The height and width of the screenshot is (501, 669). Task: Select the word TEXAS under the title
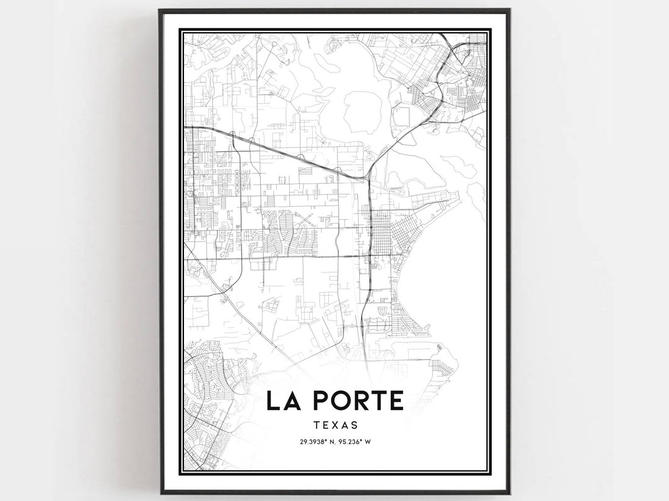[x=336, y=425]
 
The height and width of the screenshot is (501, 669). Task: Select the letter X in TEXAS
[x=336, y=425]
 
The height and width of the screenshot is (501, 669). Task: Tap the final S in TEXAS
[x=354, y=425]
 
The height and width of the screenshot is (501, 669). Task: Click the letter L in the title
[x=272, y=400]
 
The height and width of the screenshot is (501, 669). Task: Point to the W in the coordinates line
[x=369, y=442]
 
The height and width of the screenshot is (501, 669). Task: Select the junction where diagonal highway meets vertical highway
[x=368, y=180]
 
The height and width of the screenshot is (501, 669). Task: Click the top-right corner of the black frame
[x=509, y=10]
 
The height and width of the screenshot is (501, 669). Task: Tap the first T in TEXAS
[x=317, y=425]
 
